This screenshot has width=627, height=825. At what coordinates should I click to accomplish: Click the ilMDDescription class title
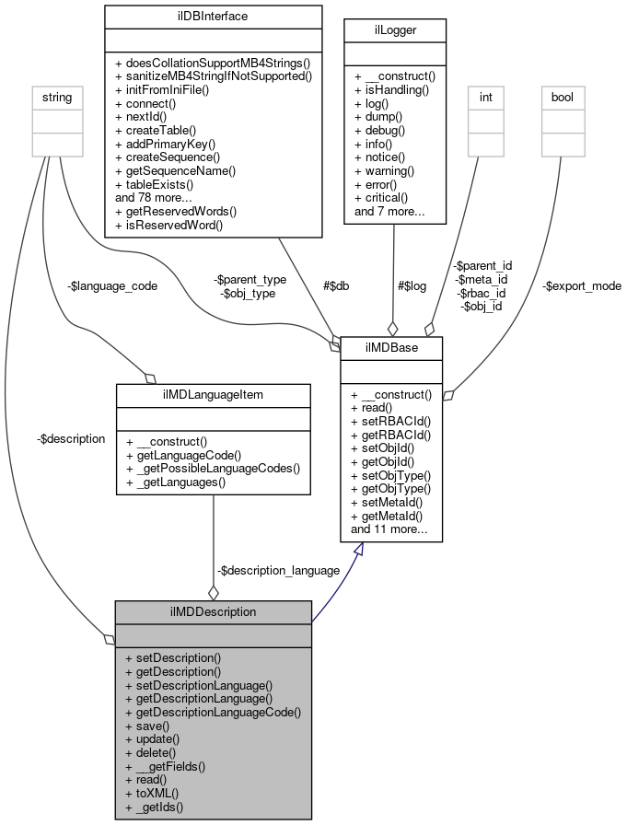(x=213, y=611)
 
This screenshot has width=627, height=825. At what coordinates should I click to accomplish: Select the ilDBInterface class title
(x=213, y=16)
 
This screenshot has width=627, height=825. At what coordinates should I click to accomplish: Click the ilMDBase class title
(x=392, y=348)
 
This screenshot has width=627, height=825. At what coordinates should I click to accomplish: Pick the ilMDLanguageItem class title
(x=214, y=395)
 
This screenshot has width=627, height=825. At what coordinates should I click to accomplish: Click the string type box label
(x=53, y=96)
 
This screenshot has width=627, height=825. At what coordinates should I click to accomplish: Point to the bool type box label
(x=562, y=96)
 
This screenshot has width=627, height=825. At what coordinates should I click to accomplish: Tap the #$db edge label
(x=334, y=286)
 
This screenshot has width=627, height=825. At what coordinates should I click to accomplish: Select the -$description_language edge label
(x=278, y=570)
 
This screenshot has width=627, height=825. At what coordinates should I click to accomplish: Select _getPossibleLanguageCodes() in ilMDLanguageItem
(x=212, y=468)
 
